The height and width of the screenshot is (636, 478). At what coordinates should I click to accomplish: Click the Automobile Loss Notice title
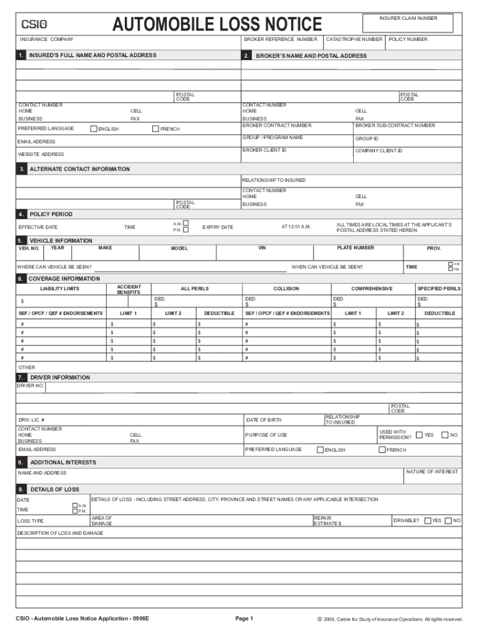[x=217, y=25]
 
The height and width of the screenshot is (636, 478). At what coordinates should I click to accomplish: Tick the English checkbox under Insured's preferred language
[x=94, y=129]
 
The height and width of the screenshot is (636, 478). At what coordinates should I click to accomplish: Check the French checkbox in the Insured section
[x=155, y=129]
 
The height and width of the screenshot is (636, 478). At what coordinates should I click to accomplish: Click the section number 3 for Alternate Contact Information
[x=22, y=170]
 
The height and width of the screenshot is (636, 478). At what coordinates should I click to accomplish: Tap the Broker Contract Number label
[x=276, y=125]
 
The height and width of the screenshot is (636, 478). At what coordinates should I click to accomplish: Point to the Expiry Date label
[x=217, y=227]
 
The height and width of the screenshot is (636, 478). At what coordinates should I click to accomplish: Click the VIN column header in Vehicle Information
[x=262, y=248]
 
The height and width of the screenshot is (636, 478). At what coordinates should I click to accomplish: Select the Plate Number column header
[x=356, y=248]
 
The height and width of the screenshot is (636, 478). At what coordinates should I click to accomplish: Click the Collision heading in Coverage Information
[x=286, y=289]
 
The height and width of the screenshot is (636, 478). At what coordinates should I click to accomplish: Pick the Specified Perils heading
[x=438, y=289]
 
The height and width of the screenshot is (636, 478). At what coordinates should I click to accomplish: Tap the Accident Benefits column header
[x=129, y=289]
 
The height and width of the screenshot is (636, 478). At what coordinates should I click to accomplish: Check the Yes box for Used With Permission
[x=420, y=435]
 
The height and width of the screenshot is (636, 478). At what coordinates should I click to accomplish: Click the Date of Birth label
[x=263, y=420]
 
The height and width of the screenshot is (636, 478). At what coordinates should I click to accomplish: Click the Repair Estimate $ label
[x=327, y=520]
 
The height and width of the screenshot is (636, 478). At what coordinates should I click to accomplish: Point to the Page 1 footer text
[x=244, y=619]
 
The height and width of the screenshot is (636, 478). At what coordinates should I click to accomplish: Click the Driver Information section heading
[x=60, y=378]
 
